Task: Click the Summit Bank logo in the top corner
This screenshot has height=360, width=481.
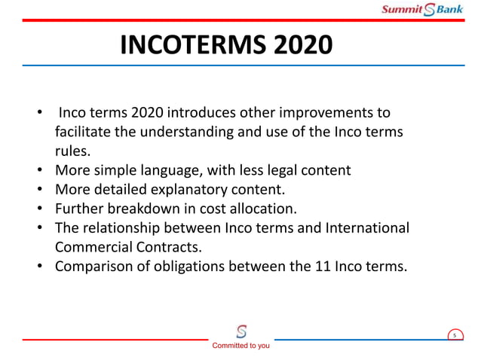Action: tap(421, 10)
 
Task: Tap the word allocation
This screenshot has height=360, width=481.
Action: tap(260, 208)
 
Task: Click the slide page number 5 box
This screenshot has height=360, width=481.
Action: tap(455, 335)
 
